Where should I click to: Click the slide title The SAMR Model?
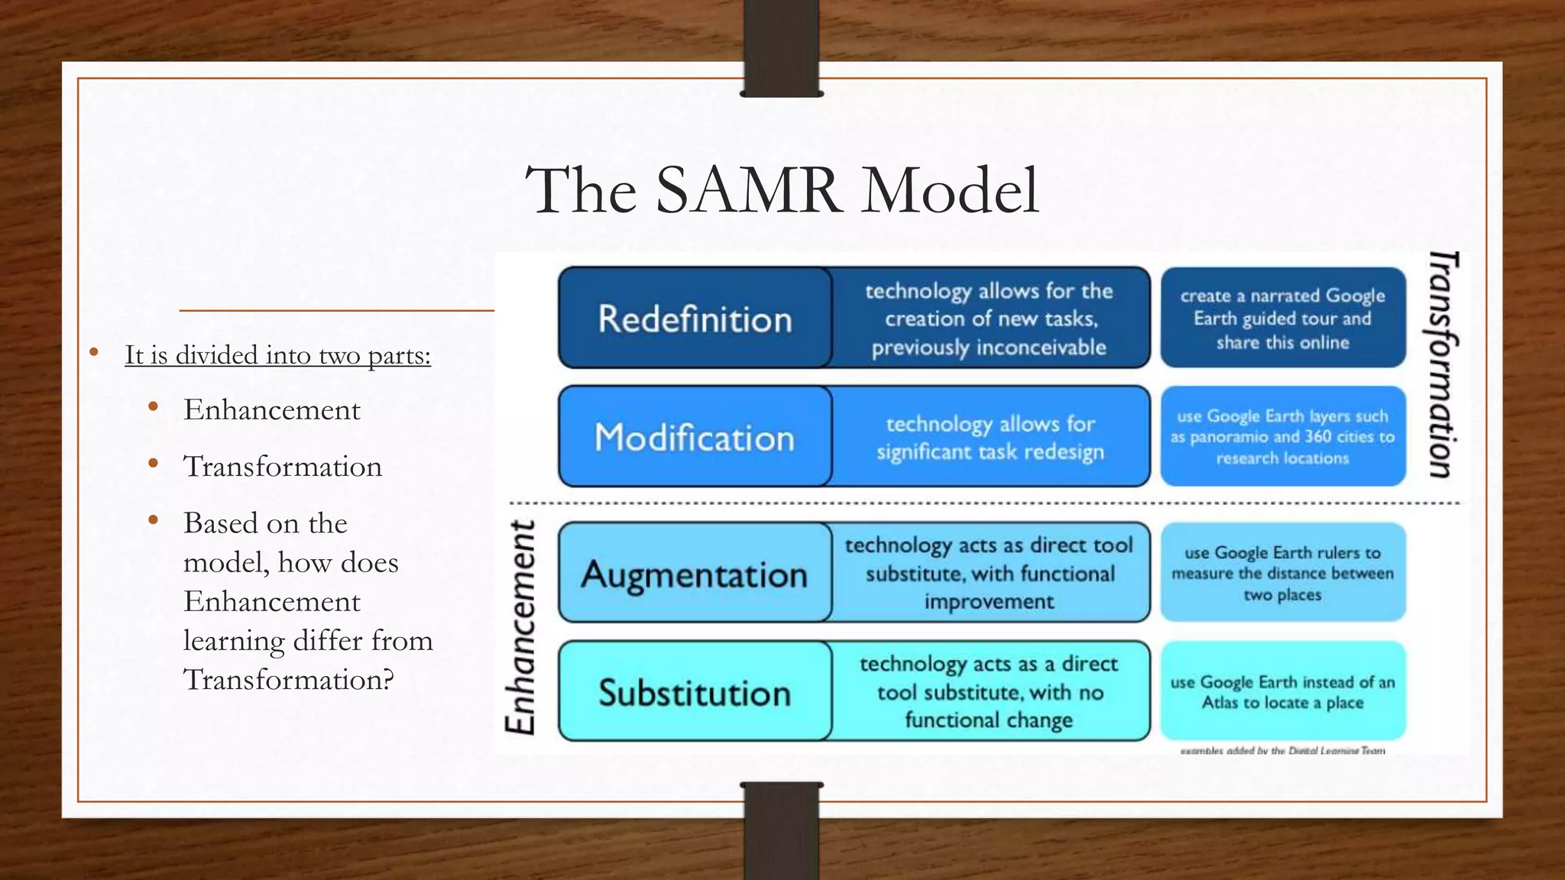[782, 191]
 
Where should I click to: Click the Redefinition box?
[695, 318]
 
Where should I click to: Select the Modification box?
[695, 437]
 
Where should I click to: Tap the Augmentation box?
[695, 573]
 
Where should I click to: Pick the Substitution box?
[695, 692]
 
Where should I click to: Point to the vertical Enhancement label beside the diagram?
[521, 628]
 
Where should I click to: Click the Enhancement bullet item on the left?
[271, 410]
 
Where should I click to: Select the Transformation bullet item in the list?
[282, 467]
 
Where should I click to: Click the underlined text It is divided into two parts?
[277, 355]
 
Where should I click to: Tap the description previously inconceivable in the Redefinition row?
[989, 348]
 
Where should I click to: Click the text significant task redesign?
[990, 451]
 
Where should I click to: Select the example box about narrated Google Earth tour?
[1282, 318]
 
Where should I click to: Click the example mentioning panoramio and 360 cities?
[1282, 437]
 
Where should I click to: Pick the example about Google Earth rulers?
[1282, 573]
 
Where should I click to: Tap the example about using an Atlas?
[1282, 692]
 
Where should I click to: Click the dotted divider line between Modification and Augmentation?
[984, 503]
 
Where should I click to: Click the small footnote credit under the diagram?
[1282, 751]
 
